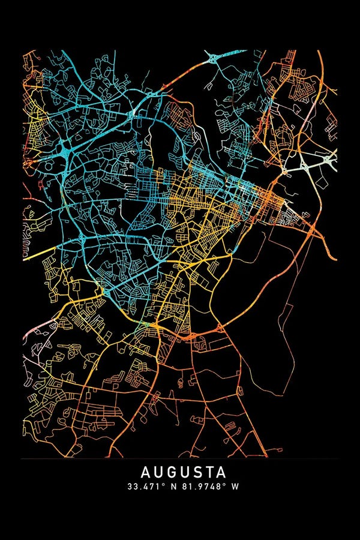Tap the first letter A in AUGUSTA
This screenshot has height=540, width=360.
(x=146, y=472)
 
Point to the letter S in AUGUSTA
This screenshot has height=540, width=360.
(x=192, y=472)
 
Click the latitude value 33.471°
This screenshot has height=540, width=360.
(x=144, y=487)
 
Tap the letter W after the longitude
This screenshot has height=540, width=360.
(x=235, y=487)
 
